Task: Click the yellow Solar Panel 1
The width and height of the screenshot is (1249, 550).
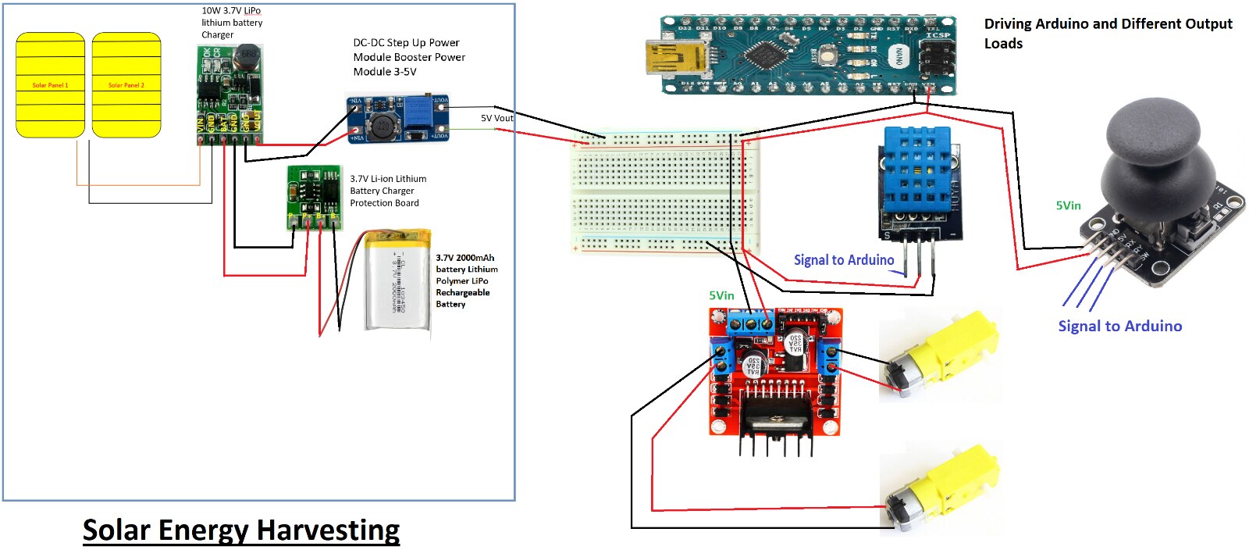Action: pyautogui.click(x=50, y=85)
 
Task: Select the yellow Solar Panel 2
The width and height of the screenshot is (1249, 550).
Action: pyautogui.click(x=126, y=85)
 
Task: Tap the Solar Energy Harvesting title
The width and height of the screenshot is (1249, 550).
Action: pyautogui.click(x=241, y=530)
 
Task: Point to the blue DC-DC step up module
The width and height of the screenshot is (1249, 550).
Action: pyautogui.click(x=398, y=120)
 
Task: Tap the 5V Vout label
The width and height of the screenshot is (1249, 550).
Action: pyautogui.click(x=497, y=119)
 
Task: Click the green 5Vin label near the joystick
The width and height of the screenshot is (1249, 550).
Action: pyautogui.click(x=1068, y=205)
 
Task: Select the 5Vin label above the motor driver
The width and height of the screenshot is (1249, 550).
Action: pyautogui.click(x=721, y=295)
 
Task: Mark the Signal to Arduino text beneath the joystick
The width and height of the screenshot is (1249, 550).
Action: pyautogui.click(x=1119, y=326)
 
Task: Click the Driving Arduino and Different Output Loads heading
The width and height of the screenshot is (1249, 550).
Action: pyautogui.click(x=1108, y=33)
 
